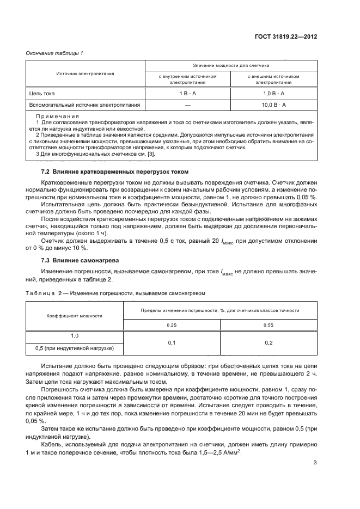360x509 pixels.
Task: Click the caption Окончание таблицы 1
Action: pyautogui.click(x=54, y=53)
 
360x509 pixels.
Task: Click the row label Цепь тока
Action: pyautogui.click(x=41, y=94)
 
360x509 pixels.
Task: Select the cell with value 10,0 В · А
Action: pyautogui.click(x=273, y=104)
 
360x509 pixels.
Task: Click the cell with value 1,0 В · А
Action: pyautogui.click(x=273, y=94)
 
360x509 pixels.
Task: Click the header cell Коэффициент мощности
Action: pyautogui.click(x=76, y=315)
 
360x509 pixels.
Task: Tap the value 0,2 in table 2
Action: pyautogui.click(x=269, y=342)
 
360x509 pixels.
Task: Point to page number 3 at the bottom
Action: pyautogui.click(x=315, y=479)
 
